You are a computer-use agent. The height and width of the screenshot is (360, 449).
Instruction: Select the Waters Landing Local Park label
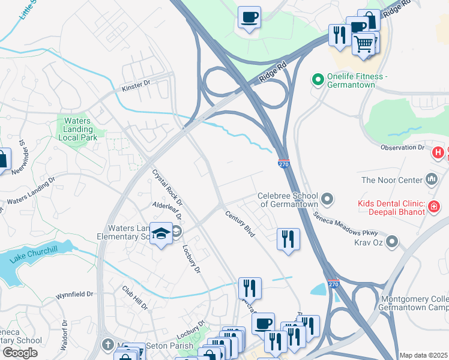pos(77,129)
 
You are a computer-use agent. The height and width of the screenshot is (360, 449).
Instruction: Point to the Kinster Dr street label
pos(136,86)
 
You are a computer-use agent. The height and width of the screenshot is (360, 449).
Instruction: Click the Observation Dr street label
pos(402,148)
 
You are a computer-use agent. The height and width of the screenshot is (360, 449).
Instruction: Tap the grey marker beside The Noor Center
pos(431,179)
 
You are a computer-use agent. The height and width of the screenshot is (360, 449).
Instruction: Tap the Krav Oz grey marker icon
pos(392,242)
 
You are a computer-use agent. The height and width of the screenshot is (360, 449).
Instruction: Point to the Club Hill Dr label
pos(135,298)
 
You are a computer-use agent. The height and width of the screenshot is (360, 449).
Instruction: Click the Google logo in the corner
pos(20,352)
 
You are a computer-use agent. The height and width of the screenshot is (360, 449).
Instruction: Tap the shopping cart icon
pos(364,44)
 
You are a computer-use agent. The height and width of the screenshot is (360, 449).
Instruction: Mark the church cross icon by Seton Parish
pos(107,346)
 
